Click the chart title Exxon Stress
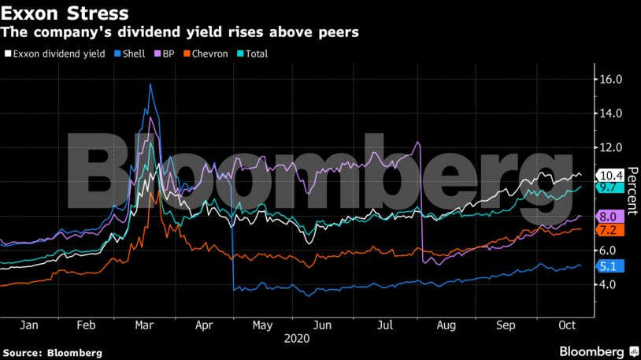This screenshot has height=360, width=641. [x=65, y=13]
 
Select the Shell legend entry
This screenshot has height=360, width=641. [x=129, y=54]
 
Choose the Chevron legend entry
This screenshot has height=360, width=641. [x=206, y=54]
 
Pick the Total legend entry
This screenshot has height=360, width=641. [x=253, y=54]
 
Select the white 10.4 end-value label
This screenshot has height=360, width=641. [x=611, y=175]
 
